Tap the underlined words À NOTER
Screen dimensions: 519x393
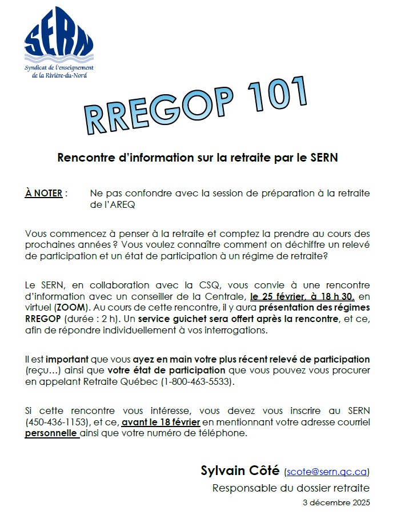[x=44, y=193]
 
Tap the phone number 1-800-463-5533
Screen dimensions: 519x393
[x=198, y=382]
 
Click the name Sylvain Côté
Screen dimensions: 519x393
[x=240, y=470]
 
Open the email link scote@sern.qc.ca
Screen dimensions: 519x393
[x=326, y=472]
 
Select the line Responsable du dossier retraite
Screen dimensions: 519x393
[x=291, y=488]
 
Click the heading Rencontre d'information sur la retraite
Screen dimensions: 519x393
[x=198, y=158]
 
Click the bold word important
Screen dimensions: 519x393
[x=67, y=359]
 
